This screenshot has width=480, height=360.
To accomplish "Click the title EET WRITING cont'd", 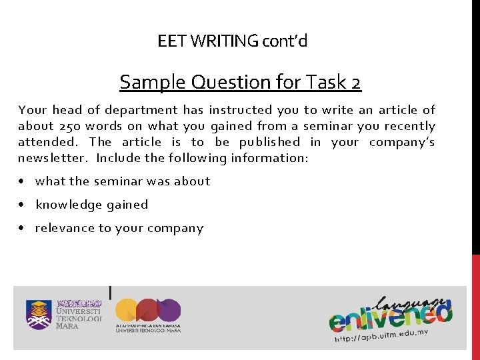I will coord(233,41).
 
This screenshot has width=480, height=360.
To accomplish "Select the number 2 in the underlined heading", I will coord(355,83).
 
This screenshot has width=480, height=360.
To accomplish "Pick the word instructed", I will coord(239,110).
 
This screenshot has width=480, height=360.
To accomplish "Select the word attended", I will coord(47,142).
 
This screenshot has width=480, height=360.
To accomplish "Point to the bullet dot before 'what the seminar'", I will coord(23,181).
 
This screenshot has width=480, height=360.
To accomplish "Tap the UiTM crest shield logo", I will coord(38,314).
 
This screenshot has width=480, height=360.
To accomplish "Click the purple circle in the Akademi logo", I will coord(169,310).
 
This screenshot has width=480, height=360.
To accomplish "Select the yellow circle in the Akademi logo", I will coord(127,310).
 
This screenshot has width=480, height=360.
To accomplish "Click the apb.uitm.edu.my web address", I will coord(380,335).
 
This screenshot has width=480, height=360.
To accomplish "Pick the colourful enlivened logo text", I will coord(390,313).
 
